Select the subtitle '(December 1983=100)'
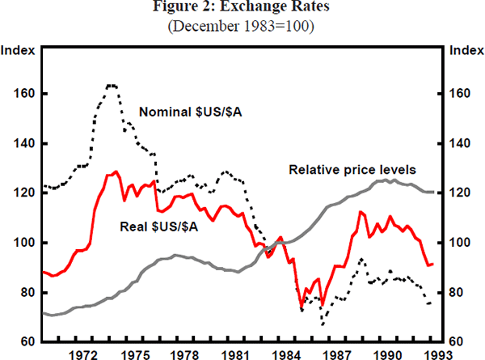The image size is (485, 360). coord(242,26)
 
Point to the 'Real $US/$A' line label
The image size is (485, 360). coord(159,224)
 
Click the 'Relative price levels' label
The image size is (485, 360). coord(352,170)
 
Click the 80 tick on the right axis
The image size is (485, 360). coord(457,292)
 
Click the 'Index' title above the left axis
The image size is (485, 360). coord(18,50)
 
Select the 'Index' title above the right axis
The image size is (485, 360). coord(466,50)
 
